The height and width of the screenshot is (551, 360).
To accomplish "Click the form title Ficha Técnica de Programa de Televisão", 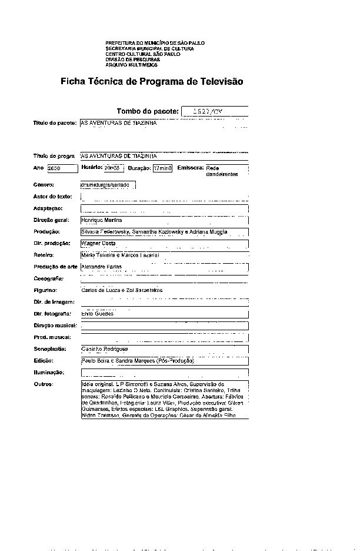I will pyautogui.click(x=152, y=82).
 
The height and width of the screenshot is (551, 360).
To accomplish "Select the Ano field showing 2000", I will pyautogui.click(x=62, y=168).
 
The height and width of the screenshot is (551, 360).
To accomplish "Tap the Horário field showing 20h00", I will pyautogui.click(x=113, y=168).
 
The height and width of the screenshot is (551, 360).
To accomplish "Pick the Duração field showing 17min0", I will pyautogui.click(x=162, y=168).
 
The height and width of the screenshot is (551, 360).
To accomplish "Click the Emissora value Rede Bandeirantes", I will pyautogui.click(x=222, y=171).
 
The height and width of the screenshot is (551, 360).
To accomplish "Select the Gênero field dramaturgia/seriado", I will pyautogui.click(x=107, y=185).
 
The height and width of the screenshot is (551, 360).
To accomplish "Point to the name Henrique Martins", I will pyautogui.click(x=101, y=220).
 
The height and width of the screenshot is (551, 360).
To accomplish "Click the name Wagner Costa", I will pyautogui.click(x=98, y=243).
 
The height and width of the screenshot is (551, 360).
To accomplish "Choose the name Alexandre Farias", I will pyautogui.click(x=101, y=267).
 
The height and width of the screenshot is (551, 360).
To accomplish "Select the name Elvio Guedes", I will pyautogui.click(x=97, y=314).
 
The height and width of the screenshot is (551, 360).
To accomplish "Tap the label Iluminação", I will pyautogui.click(x=48, y=373).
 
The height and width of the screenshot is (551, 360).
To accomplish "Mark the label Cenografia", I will pyautogui.click(x=48, y=278).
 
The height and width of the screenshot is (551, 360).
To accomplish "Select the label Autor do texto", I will pyautogui.click(x=52, y=196).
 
